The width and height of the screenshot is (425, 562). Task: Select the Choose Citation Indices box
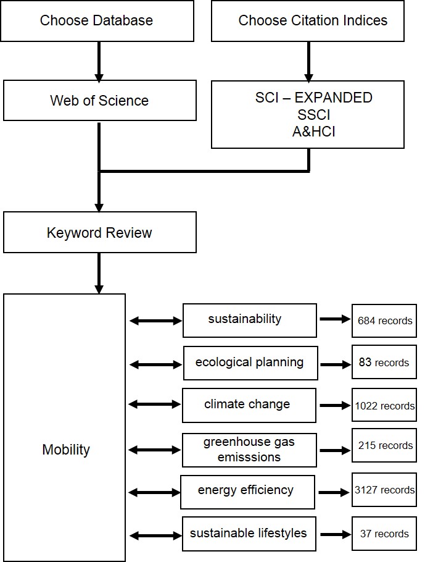pyautogui.click(x=308, y=21)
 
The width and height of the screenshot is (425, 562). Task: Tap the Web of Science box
pyautogui.click(x=99, y=100)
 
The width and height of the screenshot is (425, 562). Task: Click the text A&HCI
pyautogui.click(x=313, y=131)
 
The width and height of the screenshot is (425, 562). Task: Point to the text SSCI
pyautogui.click(x=313, y=114)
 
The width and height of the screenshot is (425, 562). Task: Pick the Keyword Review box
pyautogui.click(x=99, y=232)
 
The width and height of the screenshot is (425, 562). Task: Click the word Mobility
pyautogui.click(x=66, y=450)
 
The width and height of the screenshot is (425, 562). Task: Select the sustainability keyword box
pyautogui.click(x=250, y=320)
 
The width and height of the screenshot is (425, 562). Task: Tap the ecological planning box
pyautogui.click(x=250, y=363)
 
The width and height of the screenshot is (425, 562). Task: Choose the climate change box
pyautogui.click(x=249, y=405)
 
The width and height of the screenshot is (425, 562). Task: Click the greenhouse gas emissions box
pyautogui.click(x=249, y=450)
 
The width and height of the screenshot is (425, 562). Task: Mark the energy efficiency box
pyautogui.click(x=247, y=491)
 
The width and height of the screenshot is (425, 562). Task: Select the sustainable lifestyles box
pyautogui.click(x=249, y=534)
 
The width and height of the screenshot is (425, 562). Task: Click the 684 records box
pyautogui.click(x=384, y=321)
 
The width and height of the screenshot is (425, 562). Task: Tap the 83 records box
pyautogui.click(x=384, y=363)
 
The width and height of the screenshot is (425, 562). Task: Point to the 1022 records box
pyautogui.click(x=384, y=406)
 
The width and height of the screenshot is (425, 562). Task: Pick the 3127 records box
pyautogui.click(x=384, y=490)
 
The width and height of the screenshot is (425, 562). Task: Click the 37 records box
pyautogui.click(x=384, y=534)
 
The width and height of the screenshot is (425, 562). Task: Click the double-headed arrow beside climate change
pyautogui.click(x=155, y=405)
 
